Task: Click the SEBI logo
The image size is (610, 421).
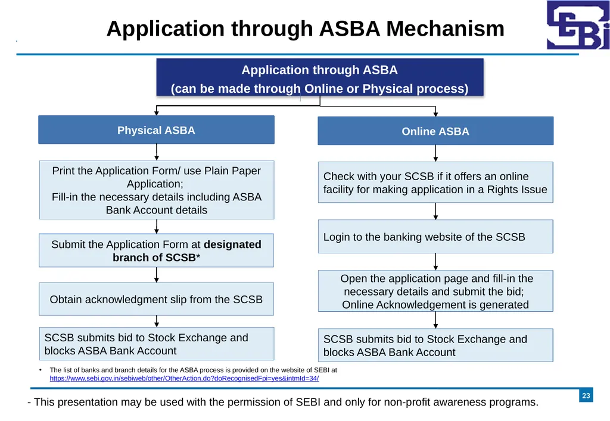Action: pyautogui.click(x=578, y=25)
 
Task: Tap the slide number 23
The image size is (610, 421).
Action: pyautogui.click(x=586, y=395)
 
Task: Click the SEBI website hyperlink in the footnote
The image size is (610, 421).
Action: pyautogui.click(x=184, y=378)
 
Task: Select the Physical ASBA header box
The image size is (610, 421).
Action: pyautogui.click(x=157, y=130)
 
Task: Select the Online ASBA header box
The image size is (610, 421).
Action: pyautogui.click(x=435, y=131)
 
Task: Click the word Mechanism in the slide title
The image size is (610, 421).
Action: pyautogui.click(x=445, y=29)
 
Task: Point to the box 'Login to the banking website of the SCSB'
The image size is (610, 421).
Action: pyautogui.click(x=435, y=237)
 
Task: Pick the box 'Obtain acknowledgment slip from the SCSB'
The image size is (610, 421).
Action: pyautogui.click(x=157, y=299)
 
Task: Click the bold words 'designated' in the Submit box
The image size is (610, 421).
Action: pyautogui.click(x=232, y=244)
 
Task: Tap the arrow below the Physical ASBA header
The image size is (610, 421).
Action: pyautogui.click(x=157, y=152)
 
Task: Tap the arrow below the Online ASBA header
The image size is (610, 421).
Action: pyautogui.click(x=435, y=153)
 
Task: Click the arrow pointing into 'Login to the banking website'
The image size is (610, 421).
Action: pyautogui.click(x=435, y=211)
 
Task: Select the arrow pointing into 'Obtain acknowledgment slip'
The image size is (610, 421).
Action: pyautogui.click(x=157, y=275)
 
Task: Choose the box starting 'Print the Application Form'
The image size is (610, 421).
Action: pyautogui.click(x=157, y=190)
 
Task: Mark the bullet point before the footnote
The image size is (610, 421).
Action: pyautogui.click(x=41, y=370)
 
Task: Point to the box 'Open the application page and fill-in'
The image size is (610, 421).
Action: pyautogui.click(x=435, y=291)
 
